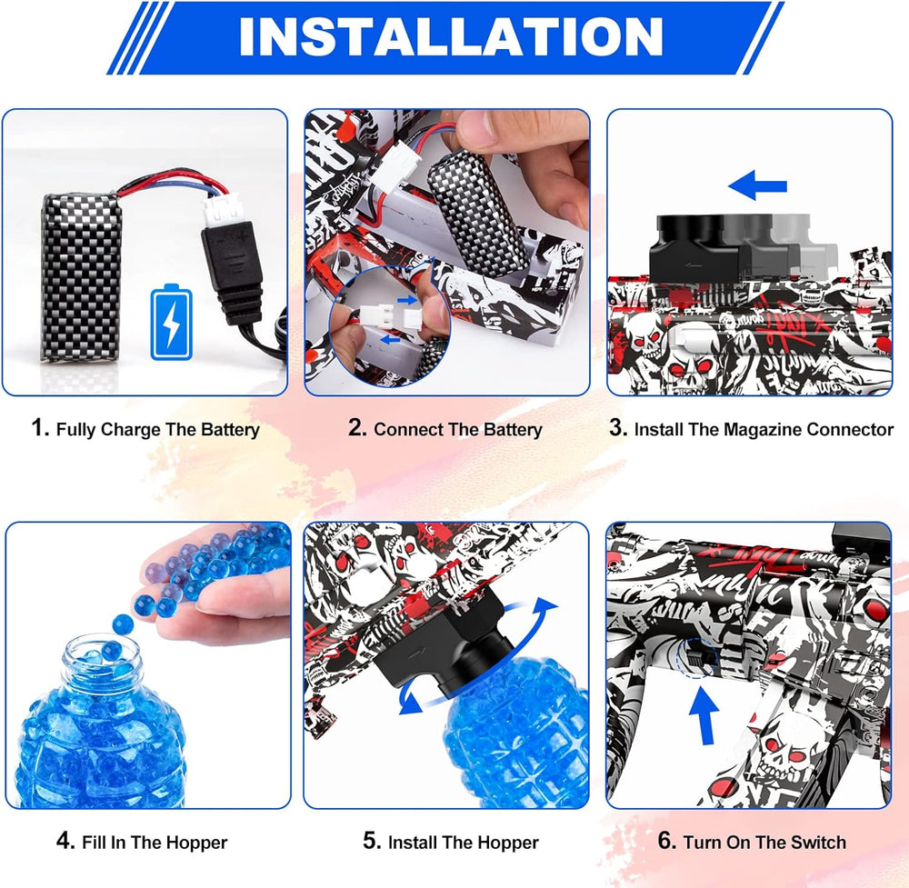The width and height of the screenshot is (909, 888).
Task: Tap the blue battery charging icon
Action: point(170,322)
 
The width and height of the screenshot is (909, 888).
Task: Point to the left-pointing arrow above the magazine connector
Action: point(757,187)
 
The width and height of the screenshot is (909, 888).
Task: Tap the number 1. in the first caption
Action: point(40,429)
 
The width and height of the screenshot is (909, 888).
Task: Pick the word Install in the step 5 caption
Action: point(417,842)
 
